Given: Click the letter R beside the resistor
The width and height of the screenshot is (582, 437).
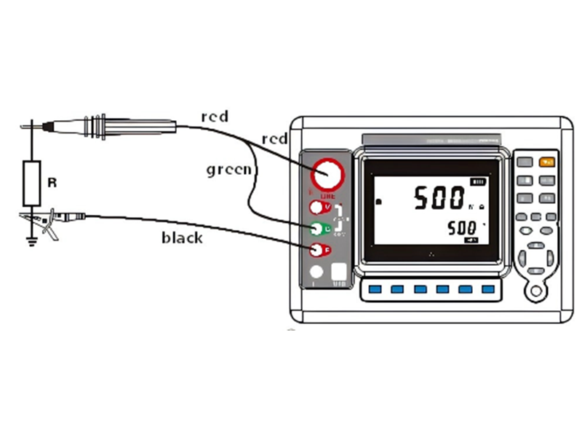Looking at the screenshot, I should click(52, 183).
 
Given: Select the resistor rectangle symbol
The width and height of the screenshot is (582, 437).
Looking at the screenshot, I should click(31, 184).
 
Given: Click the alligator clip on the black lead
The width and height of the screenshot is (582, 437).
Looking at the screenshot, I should click(45, 220).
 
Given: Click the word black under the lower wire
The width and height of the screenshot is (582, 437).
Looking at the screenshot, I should click(182, 237).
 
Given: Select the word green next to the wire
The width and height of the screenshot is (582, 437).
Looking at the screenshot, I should click(228, 170).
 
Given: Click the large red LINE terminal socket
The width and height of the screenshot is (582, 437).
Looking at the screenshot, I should click(326, 176).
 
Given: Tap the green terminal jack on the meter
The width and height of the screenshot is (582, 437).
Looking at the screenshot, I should click(316, 229).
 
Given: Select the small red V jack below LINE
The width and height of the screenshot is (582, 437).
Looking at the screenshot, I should click(316, 208).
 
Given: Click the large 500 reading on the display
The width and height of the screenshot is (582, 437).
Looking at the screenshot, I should click(439, 197).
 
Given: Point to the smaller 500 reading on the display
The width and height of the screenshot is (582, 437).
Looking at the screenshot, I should click(461, 228).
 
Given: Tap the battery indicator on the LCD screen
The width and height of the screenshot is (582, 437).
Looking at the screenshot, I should click(478, 181).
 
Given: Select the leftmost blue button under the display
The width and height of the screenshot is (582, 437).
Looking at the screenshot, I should click(375, 289).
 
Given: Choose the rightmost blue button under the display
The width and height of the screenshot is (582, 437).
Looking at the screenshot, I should click(487, 289).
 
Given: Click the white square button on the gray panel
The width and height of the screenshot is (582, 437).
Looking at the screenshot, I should click(339, 272).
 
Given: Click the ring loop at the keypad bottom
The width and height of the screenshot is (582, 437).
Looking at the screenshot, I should click(536, 291).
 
